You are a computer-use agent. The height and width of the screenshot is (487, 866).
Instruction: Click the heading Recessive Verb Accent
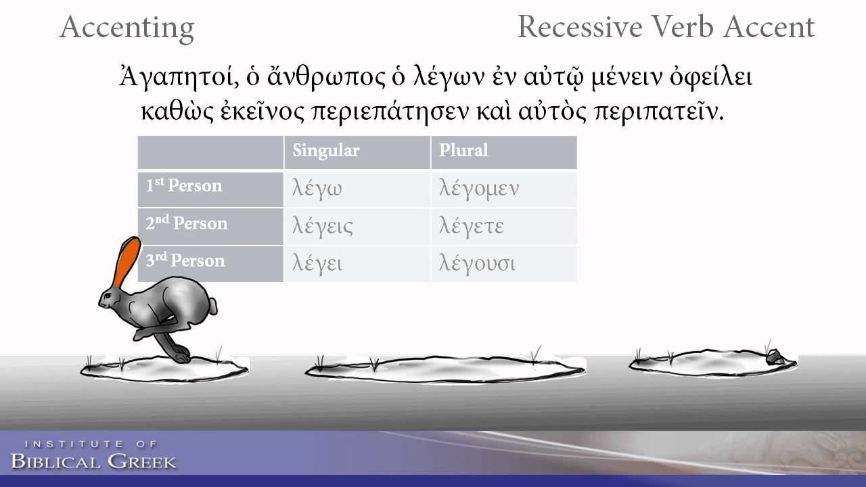tap(665, 27)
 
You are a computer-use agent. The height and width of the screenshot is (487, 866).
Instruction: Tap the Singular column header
tap(325, 150)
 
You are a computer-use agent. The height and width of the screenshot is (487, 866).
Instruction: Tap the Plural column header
tap(463, 150)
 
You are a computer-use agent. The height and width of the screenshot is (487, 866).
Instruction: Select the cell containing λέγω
tap(317, 189)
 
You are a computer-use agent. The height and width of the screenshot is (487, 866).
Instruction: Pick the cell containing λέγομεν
tap(478, 189)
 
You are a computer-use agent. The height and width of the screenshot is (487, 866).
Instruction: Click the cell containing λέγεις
tap(322, 226)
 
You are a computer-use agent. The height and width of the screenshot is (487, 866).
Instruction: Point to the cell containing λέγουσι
tap(477, 263)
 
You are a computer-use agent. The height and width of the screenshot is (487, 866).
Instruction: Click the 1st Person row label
tap(184, 186)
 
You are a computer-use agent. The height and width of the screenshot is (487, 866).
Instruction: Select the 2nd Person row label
tap(187, 224)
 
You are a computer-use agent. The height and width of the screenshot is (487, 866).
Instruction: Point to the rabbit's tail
tap(212, 306)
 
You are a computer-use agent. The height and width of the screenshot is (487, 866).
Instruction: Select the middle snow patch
tap(443, 369)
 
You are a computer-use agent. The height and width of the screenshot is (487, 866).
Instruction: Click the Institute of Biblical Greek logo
tap(93, 456)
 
